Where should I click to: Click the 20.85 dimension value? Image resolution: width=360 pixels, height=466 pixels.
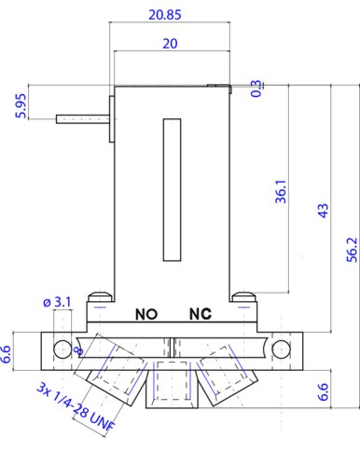click(x=165, y=15)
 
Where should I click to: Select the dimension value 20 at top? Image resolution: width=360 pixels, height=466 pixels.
click(x=170, y=44)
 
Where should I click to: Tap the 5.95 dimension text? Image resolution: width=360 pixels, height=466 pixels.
click(x=21, y=106)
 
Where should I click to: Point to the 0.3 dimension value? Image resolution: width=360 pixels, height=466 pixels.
click(x=256, y=89)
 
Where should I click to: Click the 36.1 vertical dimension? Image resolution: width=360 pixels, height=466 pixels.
click(x=281, y=191)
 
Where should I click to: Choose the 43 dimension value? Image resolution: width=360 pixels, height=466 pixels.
click(x=324, y=211)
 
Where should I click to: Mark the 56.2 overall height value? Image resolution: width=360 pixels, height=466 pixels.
click(x=353, y=250)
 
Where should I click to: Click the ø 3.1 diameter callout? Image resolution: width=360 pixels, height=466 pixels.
click(x=57, y=302)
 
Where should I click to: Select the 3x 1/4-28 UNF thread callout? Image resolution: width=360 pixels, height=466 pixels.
click(x=76, y=407)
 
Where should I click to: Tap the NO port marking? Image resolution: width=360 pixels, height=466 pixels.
click(x=146, y=314)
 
